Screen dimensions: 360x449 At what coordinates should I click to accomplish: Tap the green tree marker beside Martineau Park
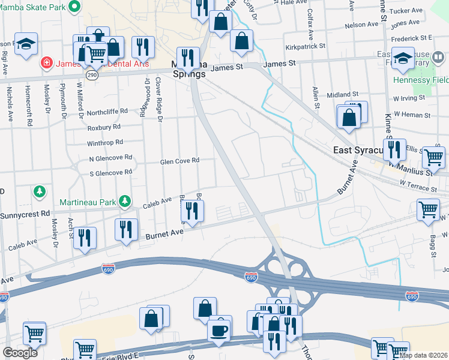[x=125, y=200]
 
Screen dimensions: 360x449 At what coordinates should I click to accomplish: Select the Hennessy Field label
[x=420, y=80]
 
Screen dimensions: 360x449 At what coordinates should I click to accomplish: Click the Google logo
[x=20, y=352]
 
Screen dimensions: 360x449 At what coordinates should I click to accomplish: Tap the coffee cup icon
[x=220, y=329]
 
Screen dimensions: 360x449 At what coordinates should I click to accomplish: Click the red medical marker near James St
[x=45, y=63]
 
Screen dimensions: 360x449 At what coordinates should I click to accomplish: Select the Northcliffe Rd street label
[x=107, y=111]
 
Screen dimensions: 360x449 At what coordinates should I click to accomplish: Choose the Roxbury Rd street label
[x=104, y=127]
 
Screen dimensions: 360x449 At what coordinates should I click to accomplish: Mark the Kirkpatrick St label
[x=306, y=46]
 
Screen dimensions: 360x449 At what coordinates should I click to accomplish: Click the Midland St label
[x=342, y=95]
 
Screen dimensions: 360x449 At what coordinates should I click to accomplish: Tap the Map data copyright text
[x=424, y=355]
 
